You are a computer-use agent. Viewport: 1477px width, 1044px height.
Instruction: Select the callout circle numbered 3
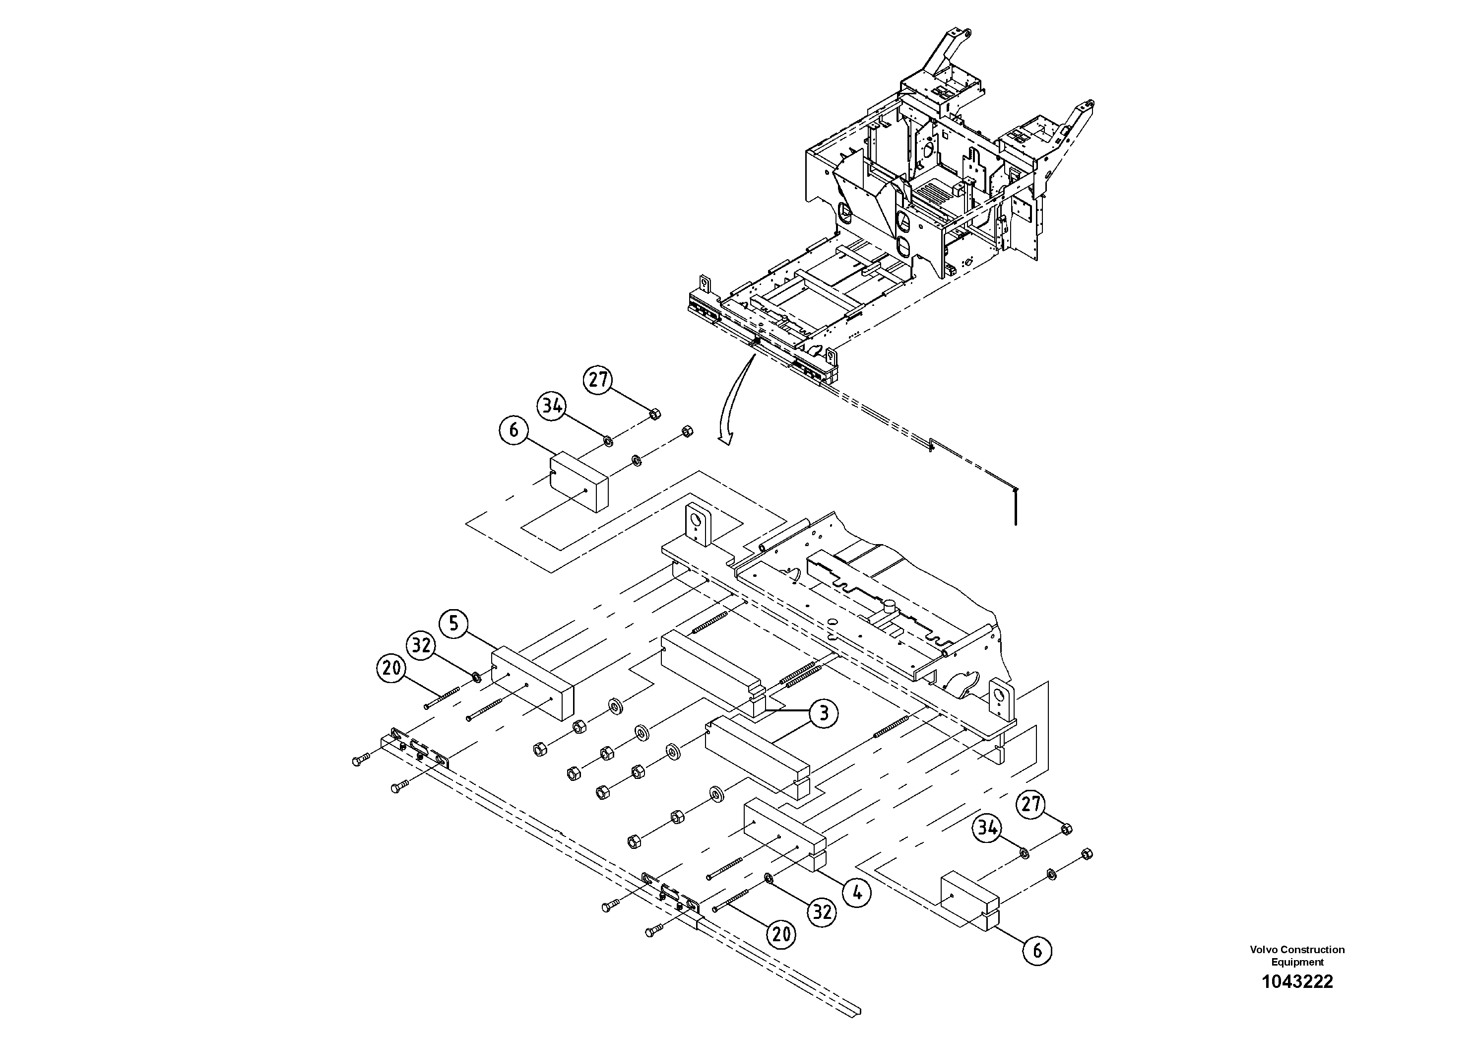pyautogui.click(x=824, y=713)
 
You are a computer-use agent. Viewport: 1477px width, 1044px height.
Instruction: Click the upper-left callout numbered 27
pyautogui.click(x=598, y=379)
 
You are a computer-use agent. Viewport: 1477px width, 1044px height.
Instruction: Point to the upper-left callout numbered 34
pyautogui.click(x=552, y=406)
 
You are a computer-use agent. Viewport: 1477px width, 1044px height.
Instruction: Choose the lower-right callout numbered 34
pyautogui.click(x=987, y=829)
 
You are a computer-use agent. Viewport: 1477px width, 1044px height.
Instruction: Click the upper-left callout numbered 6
pyautogui.click(x=514, y=430)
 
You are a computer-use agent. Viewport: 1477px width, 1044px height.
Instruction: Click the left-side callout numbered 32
pyautogui.click(x=421, y=645)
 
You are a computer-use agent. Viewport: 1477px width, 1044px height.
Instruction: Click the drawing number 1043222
pyautogui.click(x=1297, y=981)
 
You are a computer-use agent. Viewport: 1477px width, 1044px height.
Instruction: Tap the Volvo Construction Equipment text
pyautogui.click(x=1297, y=955)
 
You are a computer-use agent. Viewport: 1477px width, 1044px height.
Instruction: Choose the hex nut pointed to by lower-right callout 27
pyautogui.click(x=1065, y=829)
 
